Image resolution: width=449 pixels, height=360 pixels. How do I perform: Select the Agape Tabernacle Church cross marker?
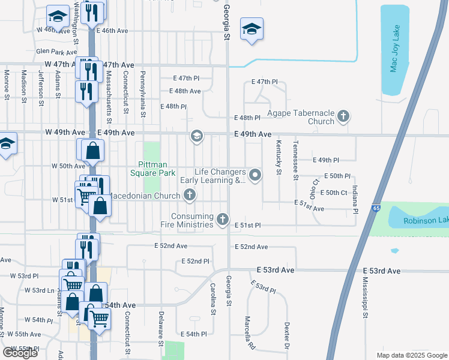343,116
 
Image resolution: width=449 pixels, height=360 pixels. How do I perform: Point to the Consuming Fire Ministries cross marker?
223,219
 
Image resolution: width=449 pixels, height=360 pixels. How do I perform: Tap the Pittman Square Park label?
153,168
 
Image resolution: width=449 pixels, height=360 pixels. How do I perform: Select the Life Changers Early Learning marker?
256,175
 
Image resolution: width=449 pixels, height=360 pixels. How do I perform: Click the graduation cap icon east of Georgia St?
252,29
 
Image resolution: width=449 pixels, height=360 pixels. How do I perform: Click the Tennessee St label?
295,160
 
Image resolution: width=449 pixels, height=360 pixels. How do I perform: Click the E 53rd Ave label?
276,271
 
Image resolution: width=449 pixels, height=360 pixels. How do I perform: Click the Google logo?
20,353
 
